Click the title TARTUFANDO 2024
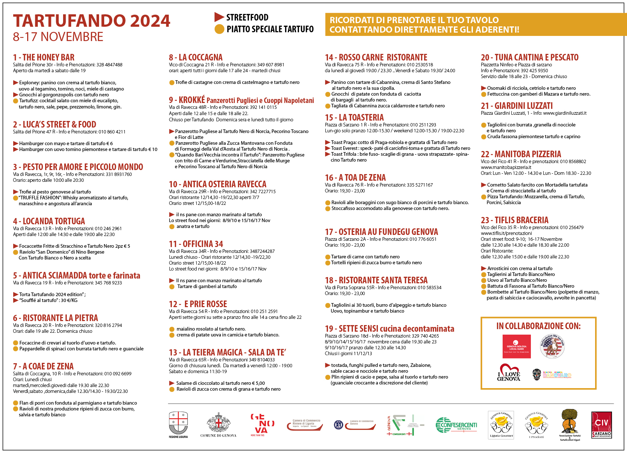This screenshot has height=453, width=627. (x=92, y=21)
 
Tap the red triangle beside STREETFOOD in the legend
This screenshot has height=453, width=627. (x=219, y=17)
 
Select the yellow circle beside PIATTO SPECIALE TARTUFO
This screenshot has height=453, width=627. (x=219, y=29)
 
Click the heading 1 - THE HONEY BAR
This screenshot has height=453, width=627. (x=44, y=58)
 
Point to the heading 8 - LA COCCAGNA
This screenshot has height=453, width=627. (x=196, y=58)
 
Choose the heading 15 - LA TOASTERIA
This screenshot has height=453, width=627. (x=354, y=118)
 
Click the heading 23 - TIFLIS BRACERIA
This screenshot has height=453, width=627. (x=514, y=220)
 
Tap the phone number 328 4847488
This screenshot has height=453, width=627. (x=109, y=65)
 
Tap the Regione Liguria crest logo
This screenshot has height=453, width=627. (x=178, y=424)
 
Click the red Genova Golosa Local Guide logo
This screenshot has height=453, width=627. (x=517, y=346)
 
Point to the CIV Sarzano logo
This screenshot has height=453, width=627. (x=601, y=425)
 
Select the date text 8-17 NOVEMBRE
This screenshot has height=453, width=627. (x=58, y=37)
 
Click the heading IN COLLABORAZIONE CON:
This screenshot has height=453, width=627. (x=538, y=326)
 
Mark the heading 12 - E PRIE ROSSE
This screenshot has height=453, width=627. (x=198, y=304)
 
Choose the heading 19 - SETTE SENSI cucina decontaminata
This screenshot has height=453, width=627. (x=389, y=329)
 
